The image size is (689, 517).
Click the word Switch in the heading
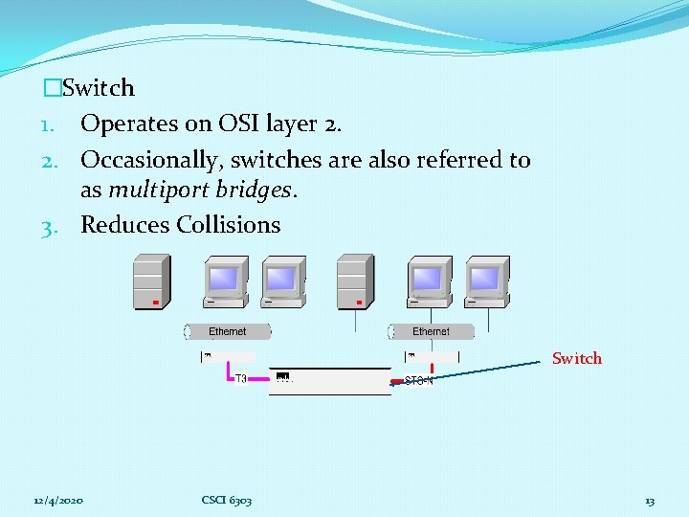tap(98, 88)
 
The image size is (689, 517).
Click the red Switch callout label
tap(577, 359)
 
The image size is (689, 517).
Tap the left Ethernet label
tap(228, 331)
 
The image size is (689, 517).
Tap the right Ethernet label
tap(431, 331)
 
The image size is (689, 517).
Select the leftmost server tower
tap(152, 281)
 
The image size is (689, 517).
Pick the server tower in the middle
tap(355, 281)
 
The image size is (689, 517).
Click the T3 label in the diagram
tap(242, 378)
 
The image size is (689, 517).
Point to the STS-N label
tap(419, 380)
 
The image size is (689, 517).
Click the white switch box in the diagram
tap(329, 380)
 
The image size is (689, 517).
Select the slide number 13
tap(650, 501)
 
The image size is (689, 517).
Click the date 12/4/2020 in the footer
tap(57, 501)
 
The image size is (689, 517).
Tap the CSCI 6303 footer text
tap(227, 501)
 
